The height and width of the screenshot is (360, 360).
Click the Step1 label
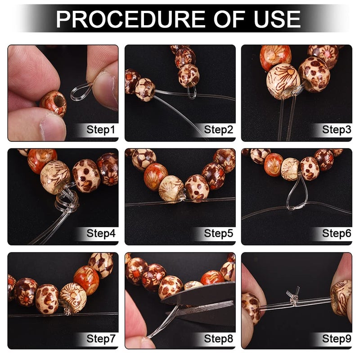point(101,130)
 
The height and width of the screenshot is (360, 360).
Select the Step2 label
point(219,130)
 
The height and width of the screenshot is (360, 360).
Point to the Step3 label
point(336,130)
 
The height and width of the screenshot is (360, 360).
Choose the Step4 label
point(101,234)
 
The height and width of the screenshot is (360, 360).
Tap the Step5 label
point(219,234)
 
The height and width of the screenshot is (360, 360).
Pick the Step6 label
point(336,234)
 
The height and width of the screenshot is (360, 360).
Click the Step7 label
point(101,337)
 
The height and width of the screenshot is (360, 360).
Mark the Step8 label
point(219,337)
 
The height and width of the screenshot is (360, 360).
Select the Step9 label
point(336,337)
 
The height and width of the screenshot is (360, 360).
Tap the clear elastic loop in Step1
point(82,91)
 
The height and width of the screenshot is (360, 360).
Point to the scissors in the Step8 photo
point(207,301)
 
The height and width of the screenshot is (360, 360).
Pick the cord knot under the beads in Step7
point(68,310)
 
